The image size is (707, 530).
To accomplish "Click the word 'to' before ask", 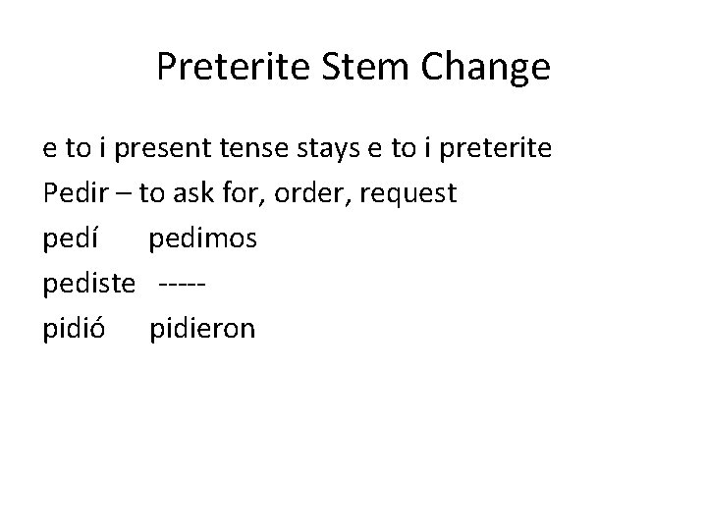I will pyautogui.click(x=151, y=194).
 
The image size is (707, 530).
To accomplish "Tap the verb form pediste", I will pyautogui.click(x=88, y=284).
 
